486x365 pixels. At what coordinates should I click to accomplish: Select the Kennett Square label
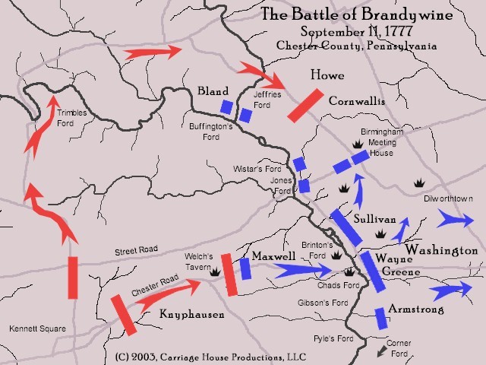37,329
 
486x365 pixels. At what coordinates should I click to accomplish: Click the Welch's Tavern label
200,261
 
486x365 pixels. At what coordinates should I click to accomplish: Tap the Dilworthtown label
453,198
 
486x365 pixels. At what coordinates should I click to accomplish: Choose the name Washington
441,250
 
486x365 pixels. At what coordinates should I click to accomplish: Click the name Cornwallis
357,100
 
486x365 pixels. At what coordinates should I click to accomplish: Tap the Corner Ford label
399,348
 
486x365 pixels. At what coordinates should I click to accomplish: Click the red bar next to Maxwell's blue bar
230,274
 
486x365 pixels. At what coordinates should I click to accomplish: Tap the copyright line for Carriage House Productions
200,355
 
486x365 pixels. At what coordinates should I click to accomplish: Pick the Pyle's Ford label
331,338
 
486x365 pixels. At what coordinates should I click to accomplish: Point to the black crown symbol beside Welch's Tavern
215,271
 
